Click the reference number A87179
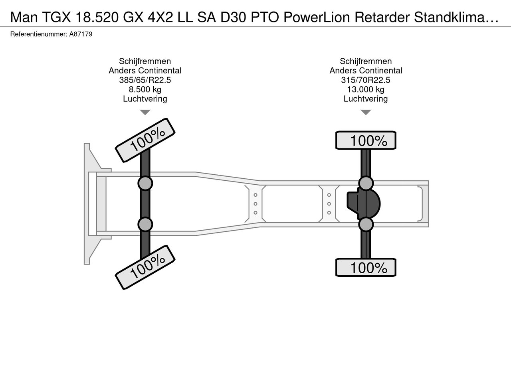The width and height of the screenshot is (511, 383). pyautogui.click(x=81, y=34)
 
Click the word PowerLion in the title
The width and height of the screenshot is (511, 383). pyautogui.click(x=317, y=17)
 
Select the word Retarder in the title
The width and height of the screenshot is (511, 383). pyautogui.click(x=382, y=17)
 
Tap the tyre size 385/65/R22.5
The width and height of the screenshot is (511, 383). pyautogui.click(x=145, y=80)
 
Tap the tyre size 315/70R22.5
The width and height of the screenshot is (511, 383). pyautogui.click(x=366, y=80)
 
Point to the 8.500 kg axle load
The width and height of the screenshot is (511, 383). pyautogui.click(x=145, y=89)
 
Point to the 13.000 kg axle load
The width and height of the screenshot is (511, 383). pyautogui.click(x=366, y=89)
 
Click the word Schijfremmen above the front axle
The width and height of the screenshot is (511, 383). pyautogui.click(x=145, y=61)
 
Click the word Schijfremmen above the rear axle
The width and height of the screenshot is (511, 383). pyautogui.click(x=366, y=61)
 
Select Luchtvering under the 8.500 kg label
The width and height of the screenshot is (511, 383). pyautogui.click(x=145, y=99)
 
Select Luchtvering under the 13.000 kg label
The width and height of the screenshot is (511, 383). pyautogui.click(x=366, y=99)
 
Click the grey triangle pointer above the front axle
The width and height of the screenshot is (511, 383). pyautogui.click(x=145, y=112)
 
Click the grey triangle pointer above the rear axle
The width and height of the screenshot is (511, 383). pyautogui.click(x=366, y=112)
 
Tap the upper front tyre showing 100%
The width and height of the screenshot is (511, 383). pyautogui.click(x=145, y=140)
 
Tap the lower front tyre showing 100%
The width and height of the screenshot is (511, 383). pyautogui.click(x=145, y=267)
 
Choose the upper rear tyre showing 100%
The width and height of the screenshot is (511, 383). pyautogui.click(x=366, y=140)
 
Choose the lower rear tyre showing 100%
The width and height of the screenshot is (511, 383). pyautogui.click(x=366, y=267)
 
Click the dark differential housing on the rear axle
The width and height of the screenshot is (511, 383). pyautogui.click(x=364, y=204)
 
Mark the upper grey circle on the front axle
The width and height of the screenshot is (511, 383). pyautogui.click(x=145, y=183)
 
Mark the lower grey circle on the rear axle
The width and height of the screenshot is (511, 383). pyautogui.click(x=366, y=224)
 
